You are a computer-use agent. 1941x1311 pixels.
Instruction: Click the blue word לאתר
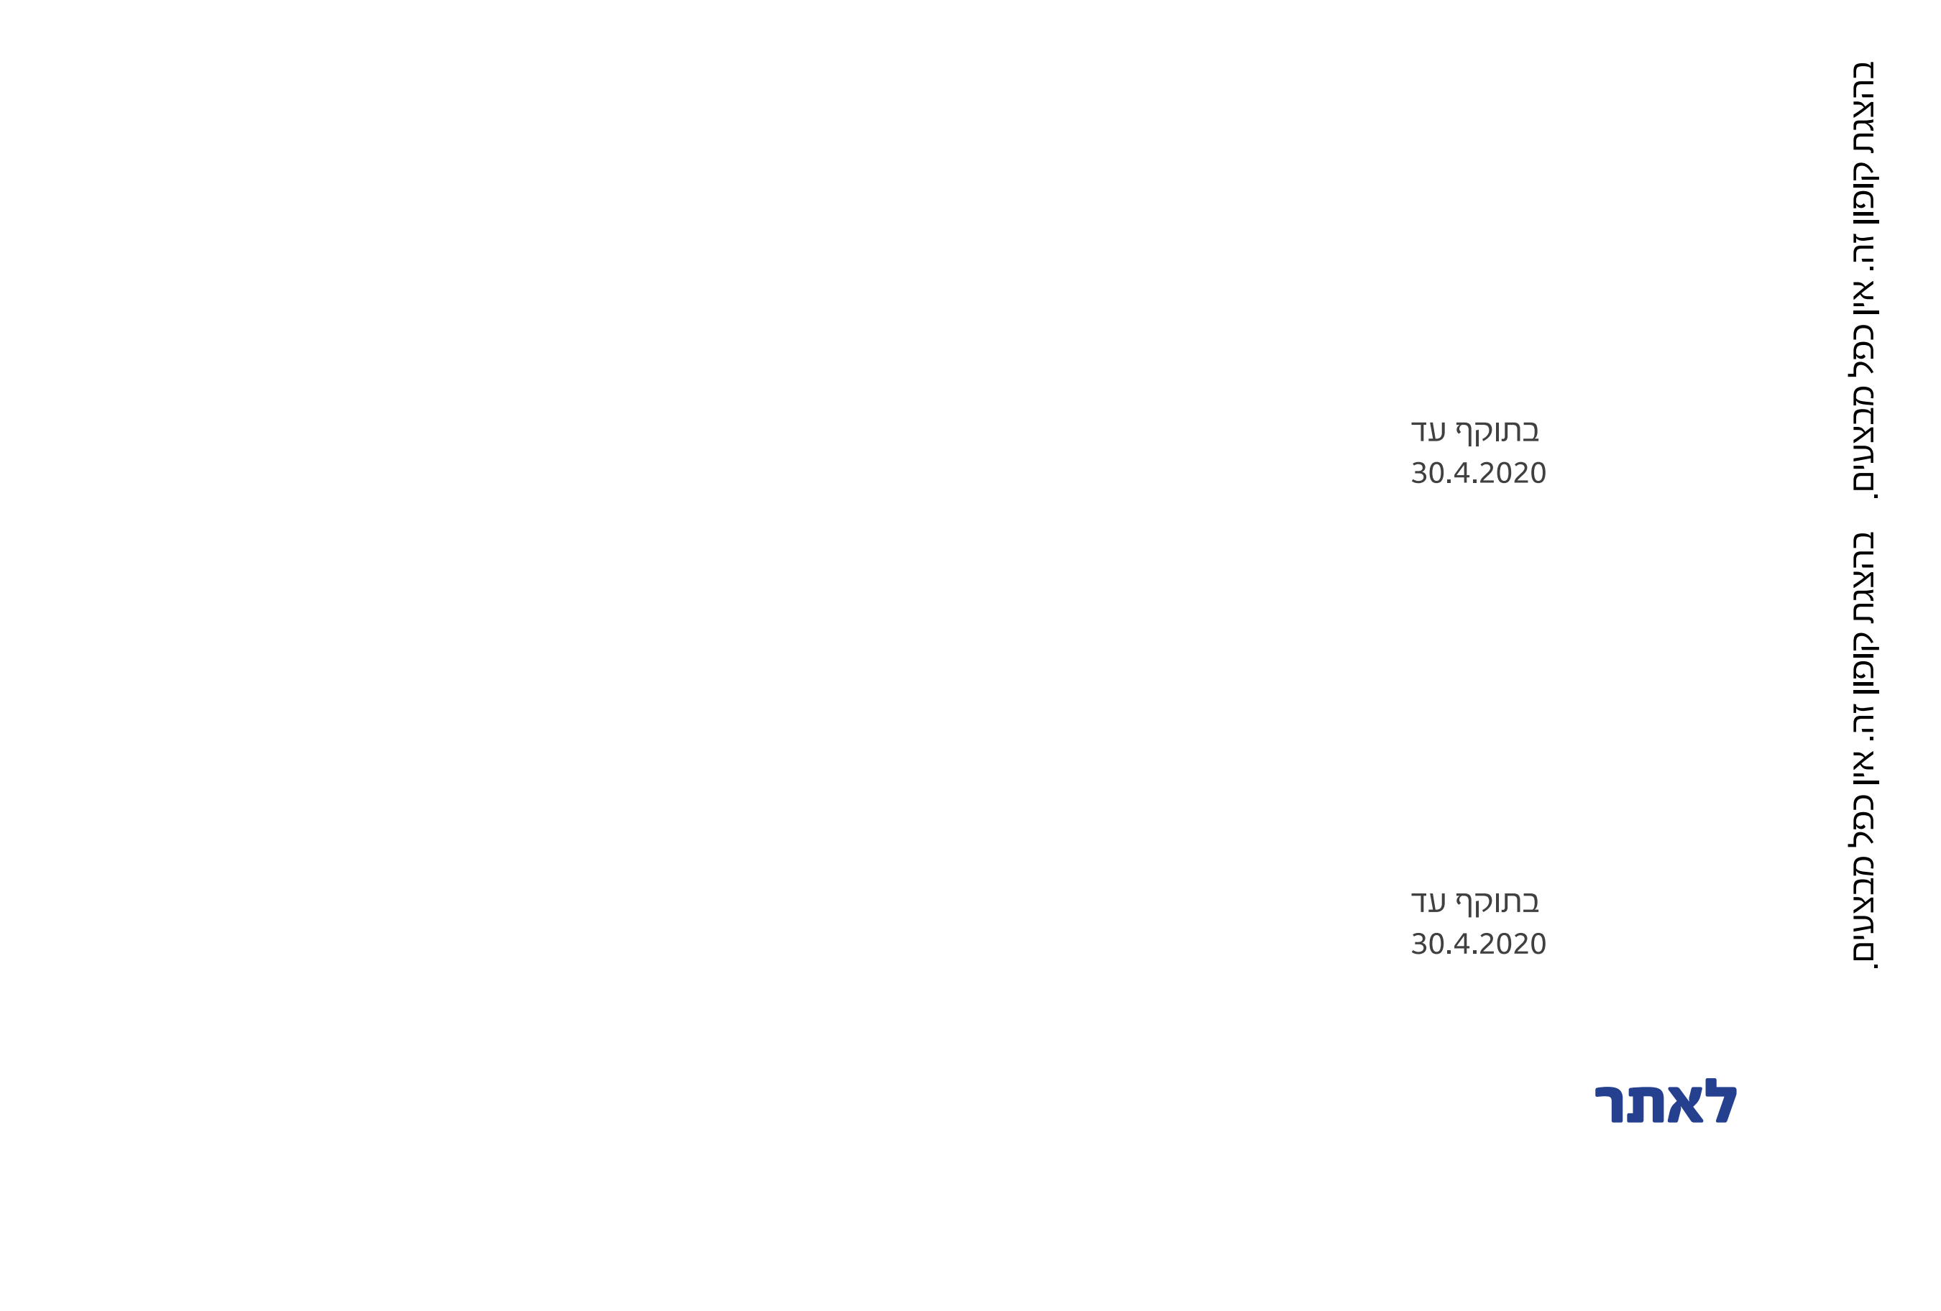coord(1666,1103)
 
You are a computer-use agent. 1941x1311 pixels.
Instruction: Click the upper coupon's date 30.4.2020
coord(1478,474)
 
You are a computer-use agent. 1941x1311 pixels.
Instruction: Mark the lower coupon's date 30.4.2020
coord(1478,944)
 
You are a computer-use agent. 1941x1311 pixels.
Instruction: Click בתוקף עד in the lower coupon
coord(1475,902)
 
